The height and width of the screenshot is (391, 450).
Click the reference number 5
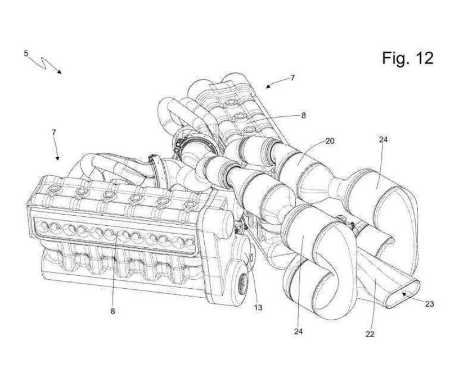click(x=26, y=53)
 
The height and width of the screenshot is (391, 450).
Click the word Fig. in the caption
click(x=395, y=58)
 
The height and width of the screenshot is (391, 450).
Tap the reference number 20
click(x=330, y=140)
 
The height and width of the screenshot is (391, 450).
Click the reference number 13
click(x=258, y=307)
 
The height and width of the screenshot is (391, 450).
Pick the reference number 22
click(x=370, y=334)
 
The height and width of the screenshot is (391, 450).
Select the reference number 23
click(x=430, y=304)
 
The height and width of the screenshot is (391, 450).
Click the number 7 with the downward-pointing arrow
click(x=54, y=132)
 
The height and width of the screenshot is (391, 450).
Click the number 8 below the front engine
click(x=112, y=311)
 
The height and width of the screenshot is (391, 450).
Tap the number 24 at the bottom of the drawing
click(x=298, y=331)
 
